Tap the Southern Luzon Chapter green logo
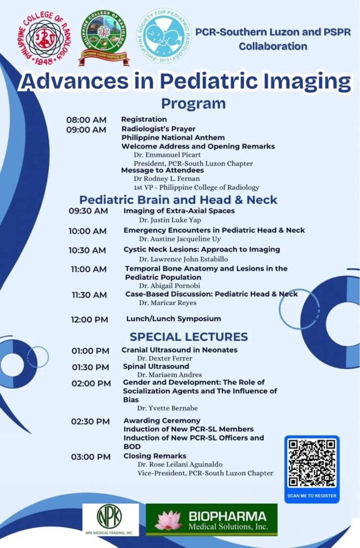[104, 37]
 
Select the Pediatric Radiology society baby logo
[163, 35]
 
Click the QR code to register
[312, 463]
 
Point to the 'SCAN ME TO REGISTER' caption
[312, 496]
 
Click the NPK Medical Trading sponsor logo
[110, 519]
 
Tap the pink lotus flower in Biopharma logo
[167, 520]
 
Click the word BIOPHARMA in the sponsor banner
[227, 516]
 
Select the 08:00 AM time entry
[86, 120]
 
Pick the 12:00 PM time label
[89, 319]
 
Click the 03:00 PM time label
[91, 456]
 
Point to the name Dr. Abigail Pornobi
[167, 286]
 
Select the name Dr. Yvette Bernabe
[167, 408]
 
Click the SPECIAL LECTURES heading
[189, 337]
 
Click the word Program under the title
[193, 103]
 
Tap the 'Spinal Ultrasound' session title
[156, 367]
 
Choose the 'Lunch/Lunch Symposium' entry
[173, 319]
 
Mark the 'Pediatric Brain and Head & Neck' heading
[178, 200]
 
